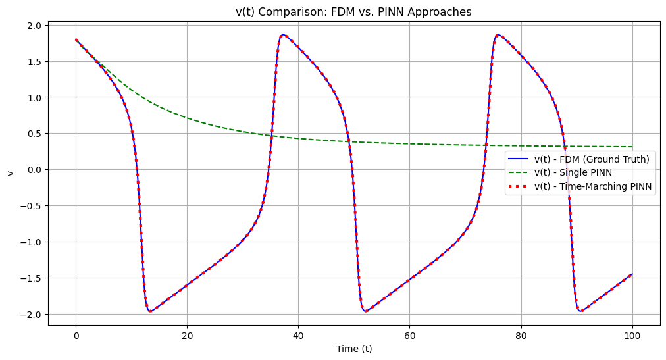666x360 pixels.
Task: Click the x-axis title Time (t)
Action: coord(355,349)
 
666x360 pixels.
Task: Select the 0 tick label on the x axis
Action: coord(76,334)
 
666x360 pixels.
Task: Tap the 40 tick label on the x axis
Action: coord(299,334)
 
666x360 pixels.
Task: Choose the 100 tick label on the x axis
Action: coord(632,334)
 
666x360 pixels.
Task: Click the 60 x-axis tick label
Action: coord(410,334)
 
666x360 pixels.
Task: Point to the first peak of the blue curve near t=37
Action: coord(283,35)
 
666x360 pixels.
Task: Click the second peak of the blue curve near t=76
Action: coord(498,35)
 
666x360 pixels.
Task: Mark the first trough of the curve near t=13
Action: coord(150,311)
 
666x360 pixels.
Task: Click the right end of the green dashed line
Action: coord(632,147)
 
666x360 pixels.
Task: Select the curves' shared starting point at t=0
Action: coord(76,39)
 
